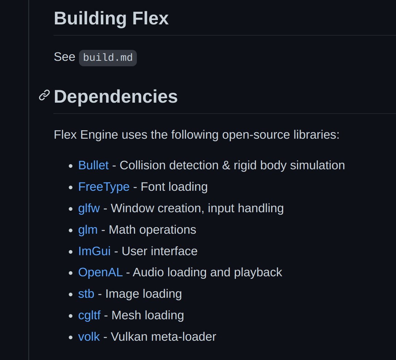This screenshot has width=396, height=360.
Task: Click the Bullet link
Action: pyautogui.click(x=94, y=166)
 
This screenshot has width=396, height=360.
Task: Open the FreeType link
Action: pyautogui.click(x=104, y=187)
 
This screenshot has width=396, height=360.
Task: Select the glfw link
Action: pyautogui.click(x=89, y=209)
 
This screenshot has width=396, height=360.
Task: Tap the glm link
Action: pyautogui.click(x=88, y=230)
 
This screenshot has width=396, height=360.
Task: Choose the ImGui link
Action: pyautogui.click(x=95, y=251)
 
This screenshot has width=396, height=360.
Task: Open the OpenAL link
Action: pyautogui.click(x=100, y=273)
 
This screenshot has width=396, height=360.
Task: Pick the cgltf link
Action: pyautogui.click(x=90, y=316)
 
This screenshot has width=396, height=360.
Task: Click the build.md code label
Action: pyautogui.click(x=108, y=58)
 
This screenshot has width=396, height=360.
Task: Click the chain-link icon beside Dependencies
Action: pyautogui.click(x=44, y=95)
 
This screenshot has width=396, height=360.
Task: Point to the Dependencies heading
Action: pyautogui.click(x=116, y=96)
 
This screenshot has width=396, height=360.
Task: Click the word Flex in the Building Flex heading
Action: pyautogui.click(x=150, y=19)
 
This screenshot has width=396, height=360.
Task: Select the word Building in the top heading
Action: pyautogui.click(x=90, y=19)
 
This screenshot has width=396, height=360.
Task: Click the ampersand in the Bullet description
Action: pyautogui.click(x=226, y=166)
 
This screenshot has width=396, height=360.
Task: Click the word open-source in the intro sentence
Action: pyautogui.click(x=256, y=135)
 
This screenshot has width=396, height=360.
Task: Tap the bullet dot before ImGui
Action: pyautogui.click(x=71, y=252)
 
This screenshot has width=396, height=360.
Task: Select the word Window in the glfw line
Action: pyautogui.click(x=132, y=209)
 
